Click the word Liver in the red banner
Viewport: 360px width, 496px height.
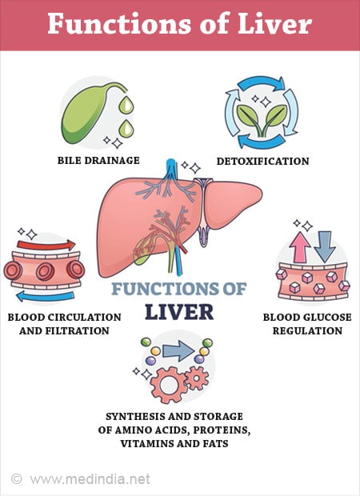click(x=274, y=24)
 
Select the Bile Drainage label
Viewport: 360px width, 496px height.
click(x=98, y=160)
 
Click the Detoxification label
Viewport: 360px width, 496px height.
click(x=262, y=161)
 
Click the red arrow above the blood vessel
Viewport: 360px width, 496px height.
click(x=46, y=245)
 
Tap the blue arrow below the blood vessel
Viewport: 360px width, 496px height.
click(x=46, y=296)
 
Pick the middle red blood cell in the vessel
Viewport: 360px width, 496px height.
click(x=46, y=271)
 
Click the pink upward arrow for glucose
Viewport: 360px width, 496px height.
click(x=299, y=247)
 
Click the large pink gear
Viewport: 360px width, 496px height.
click(x=169, y=385)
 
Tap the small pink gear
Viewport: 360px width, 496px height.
click(x=197, y=378)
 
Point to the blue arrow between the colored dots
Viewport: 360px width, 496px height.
click(x=178, y=351)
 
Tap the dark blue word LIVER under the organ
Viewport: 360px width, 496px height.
click(x=179, y=312)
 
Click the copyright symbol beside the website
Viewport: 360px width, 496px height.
click(x=17, y=479)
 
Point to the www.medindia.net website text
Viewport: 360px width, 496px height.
click(x=90, y=479)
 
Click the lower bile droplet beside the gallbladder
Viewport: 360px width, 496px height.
click(x=126, y=128)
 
